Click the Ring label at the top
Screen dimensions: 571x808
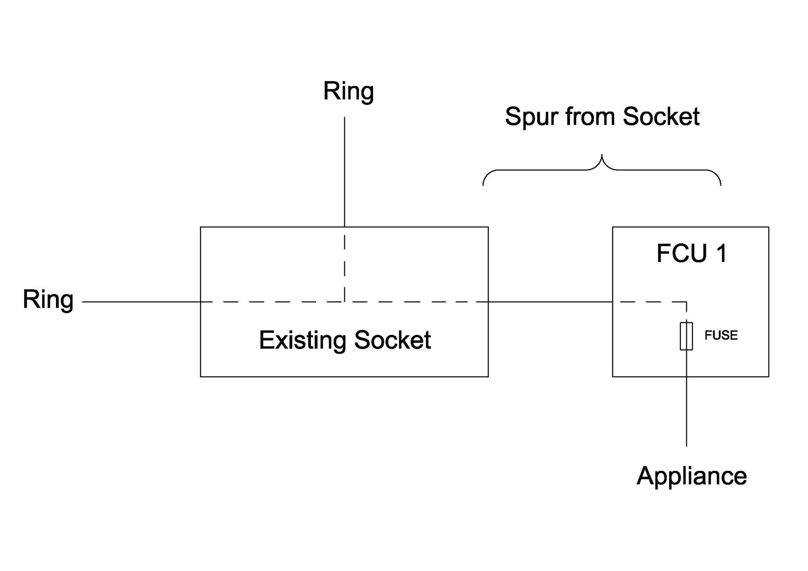click(348, 92)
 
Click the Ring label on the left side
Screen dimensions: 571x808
click(48, 300)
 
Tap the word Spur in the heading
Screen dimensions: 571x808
click(531, 117)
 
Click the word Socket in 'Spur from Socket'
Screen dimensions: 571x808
click(661, 117)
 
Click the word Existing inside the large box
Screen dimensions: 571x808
click(303, 341)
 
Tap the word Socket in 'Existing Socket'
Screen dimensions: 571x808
click(392, 340)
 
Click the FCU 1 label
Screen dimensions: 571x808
click(691, 253)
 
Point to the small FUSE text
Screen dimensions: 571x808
click(721, 335)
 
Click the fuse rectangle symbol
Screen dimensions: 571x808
click(686, 336)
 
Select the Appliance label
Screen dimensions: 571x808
click(691, 476)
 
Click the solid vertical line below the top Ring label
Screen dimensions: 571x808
click(344, 172)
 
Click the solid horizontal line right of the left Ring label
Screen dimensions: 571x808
click(141, 302)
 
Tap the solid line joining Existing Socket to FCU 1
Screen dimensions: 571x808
click(550, 302)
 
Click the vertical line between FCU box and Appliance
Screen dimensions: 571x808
click(686, 411)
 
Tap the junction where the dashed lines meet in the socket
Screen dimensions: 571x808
click(344, 302)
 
